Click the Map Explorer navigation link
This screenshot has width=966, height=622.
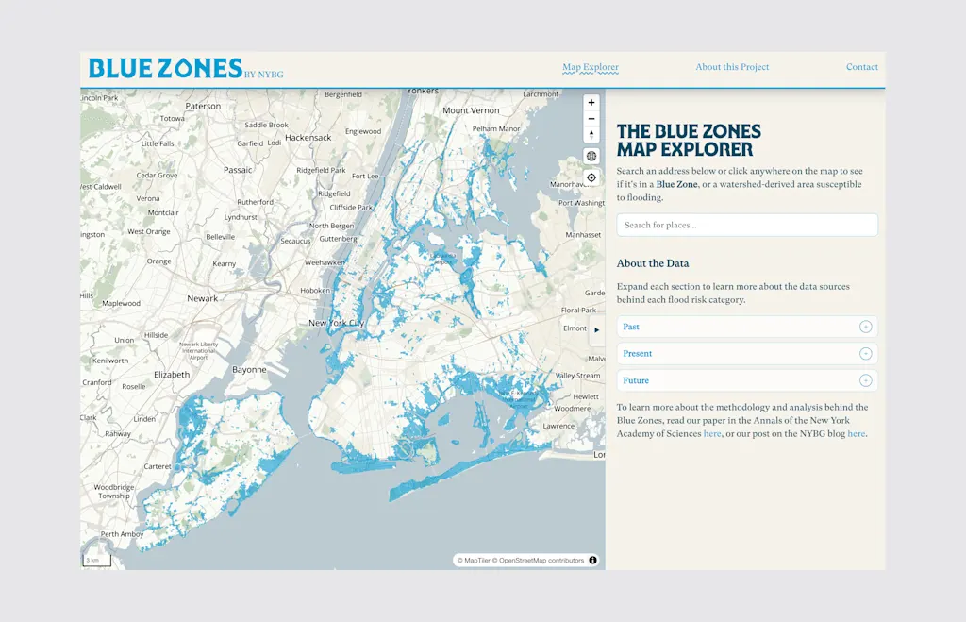coord(591,67)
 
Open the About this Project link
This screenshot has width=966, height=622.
coord(732,67)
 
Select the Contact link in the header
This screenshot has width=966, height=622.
coord(861,67)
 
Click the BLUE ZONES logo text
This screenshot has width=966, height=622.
coord(165,68)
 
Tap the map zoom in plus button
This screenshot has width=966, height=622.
coord(591,102)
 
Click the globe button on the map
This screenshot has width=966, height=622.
coord(591,156)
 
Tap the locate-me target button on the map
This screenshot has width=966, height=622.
coord(591,177)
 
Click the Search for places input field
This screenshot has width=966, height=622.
coord(746,225)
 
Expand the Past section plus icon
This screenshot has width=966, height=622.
coord(865,328)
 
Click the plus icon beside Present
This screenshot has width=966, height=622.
coord(865,354)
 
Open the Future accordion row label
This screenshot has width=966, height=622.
coord(636,380)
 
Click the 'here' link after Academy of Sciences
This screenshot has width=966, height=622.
coord(712,434)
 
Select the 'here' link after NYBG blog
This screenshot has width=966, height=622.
coord(856,434)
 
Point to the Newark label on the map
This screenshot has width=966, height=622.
coord(202,298)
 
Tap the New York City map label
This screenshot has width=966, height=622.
coord(336,323)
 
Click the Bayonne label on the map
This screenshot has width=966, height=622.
coord(249,370)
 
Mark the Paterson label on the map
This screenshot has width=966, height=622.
coord(203,107)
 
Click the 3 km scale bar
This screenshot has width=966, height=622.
coord(96,560)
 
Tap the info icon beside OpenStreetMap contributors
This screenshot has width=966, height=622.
coord(592,560)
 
